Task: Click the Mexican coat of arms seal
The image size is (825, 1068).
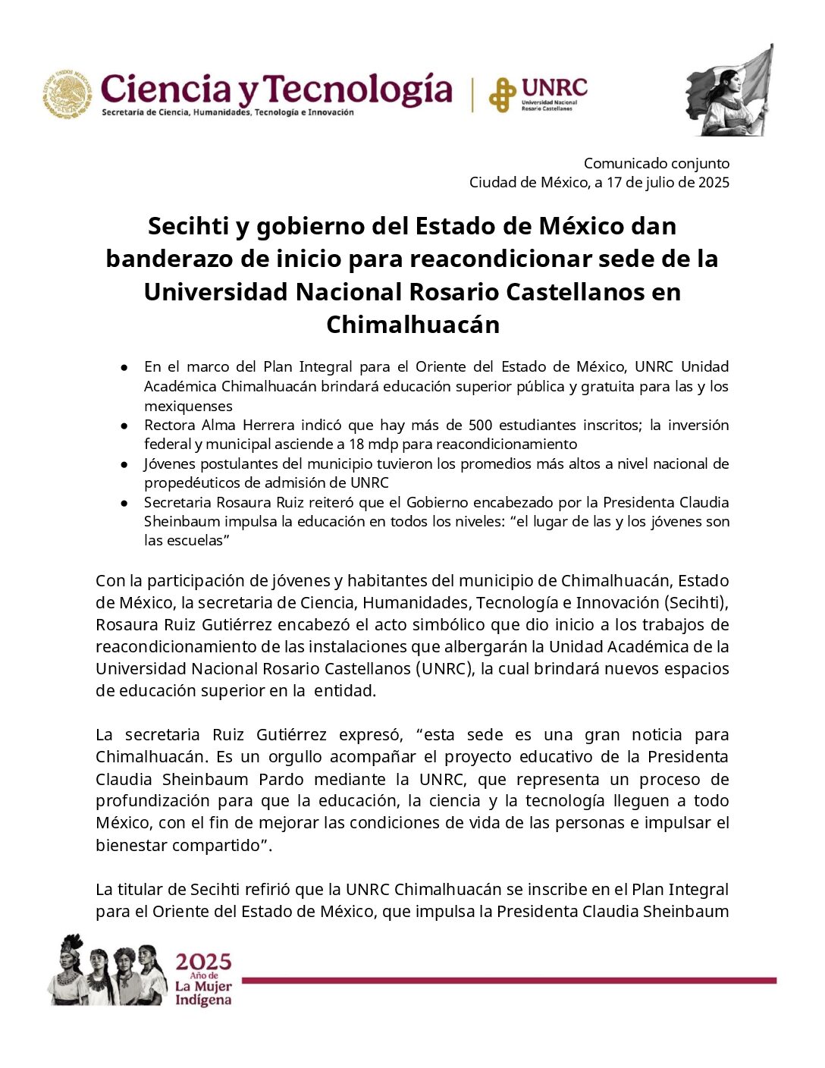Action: pyautogui.click(x=67, y=94)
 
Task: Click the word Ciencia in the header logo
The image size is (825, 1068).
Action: pyautogui.click(x=166, y=90)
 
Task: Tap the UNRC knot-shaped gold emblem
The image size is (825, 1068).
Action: pyautogui.click(x=502, y=95)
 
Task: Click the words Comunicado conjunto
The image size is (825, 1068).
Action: pyautogui.click(x=656, y=163)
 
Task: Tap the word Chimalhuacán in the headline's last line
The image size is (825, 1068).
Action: pyautogui.click(x=412, y=325)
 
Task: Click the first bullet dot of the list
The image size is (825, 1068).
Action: pyautogui.click(x=124, y=367)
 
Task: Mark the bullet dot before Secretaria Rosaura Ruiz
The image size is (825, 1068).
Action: pyautogui.click(x=124, y=503)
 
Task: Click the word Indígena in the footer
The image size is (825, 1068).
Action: pyautogui.click(x=202, y=1000)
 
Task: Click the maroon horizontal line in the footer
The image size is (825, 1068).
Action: pyautogui.click(x=508, y=981)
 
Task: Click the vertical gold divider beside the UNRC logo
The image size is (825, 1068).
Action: pyautogui.click(x=473, y=95)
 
